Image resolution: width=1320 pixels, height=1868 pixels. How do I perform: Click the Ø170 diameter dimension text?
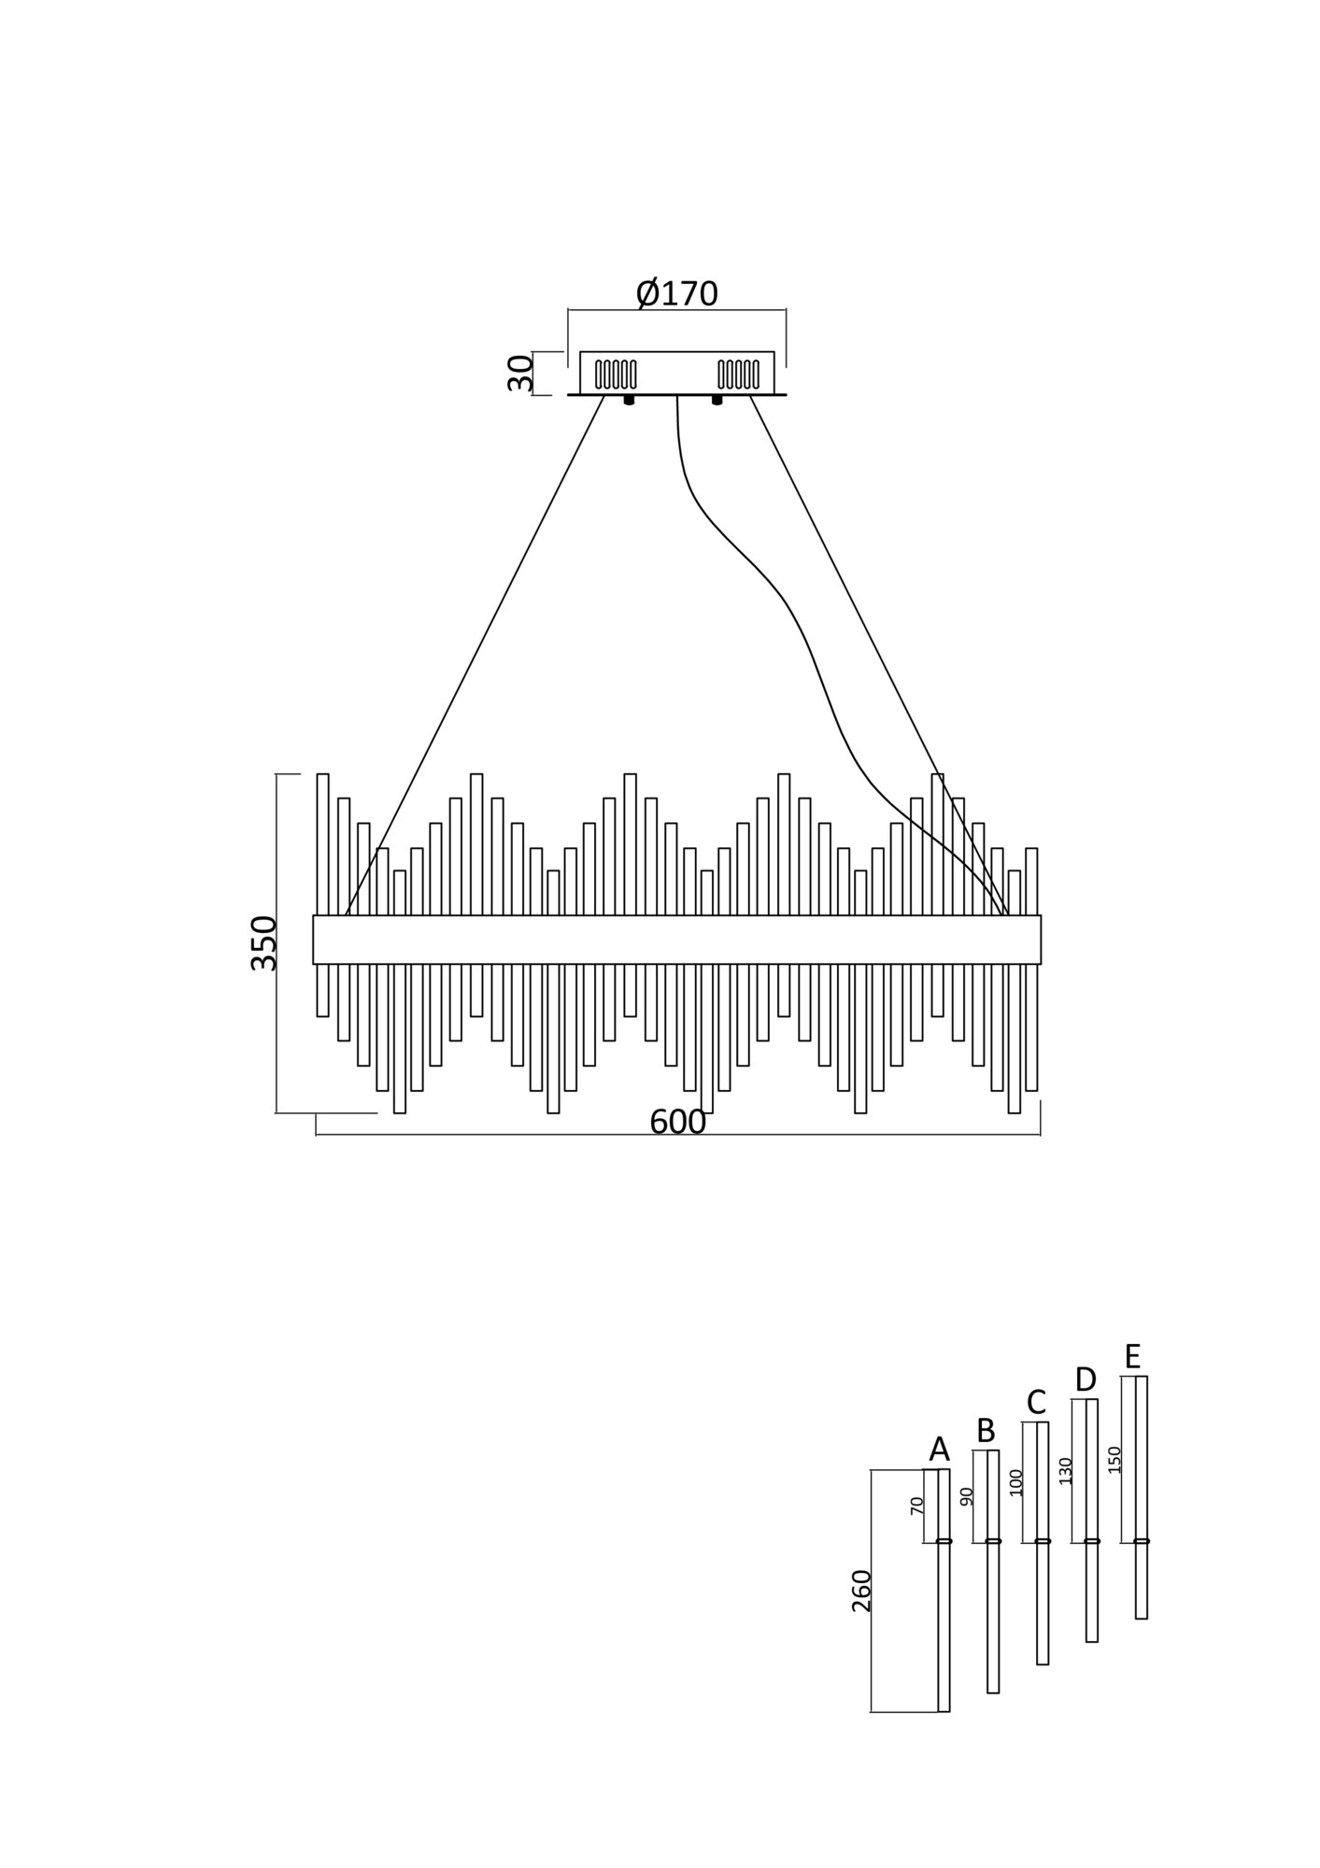(677, 293)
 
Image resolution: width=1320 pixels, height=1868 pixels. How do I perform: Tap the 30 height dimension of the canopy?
(520, 374)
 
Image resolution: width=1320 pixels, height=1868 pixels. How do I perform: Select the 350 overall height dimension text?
(264, 943)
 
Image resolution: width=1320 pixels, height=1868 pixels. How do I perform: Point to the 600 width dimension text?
(677, 1122)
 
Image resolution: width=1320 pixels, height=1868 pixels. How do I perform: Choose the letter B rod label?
(986, 1430)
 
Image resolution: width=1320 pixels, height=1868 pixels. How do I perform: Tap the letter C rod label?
(1035, 1402)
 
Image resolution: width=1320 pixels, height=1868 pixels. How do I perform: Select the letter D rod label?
(1085, 1379)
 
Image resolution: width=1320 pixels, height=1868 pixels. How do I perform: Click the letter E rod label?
(1133, 1355)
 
